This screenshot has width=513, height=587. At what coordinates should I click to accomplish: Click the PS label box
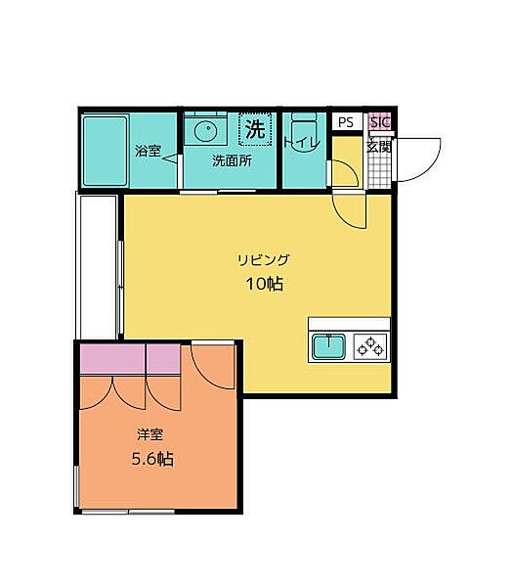point(346,122)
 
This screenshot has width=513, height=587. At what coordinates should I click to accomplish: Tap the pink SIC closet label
point(380,122)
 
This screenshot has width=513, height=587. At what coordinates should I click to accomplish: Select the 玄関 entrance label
point(378,147)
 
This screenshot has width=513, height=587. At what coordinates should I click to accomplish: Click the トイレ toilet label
point(302,144)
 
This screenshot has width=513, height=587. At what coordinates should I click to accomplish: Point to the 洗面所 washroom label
point(232,161)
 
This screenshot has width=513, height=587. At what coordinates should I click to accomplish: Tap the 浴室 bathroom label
point(149,151)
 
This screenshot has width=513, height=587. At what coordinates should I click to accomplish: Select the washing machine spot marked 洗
point(255,129)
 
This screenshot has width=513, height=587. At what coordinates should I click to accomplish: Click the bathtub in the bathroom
point(106,152)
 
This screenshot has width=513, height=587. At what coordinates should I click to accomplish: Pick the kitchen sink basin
point(328,347)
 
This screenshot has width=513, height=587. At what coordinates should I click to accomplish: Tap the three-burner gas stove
point(370,346)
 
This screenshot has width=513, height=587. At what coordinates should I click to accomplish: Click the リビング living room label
point(264,259)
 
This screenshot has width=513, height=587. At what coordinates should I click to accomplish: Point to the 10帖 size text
point(265,285)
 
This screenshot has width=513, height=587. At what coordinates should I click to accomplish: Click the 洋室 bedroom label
point(150,434)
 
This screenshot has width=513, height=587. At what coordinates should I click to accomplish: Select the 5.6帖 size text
point(152,459)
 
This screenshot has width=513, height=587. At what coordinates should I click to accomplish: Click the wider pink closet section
point(112,359)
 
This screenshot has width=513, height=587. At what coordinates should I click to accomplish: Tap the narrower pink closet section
point(163,359)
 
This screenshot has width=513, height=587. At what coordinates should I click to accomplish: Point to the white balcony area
point(97,267)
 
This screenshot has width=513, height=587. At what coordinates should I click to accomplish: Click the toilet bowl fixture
point(304,132)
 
